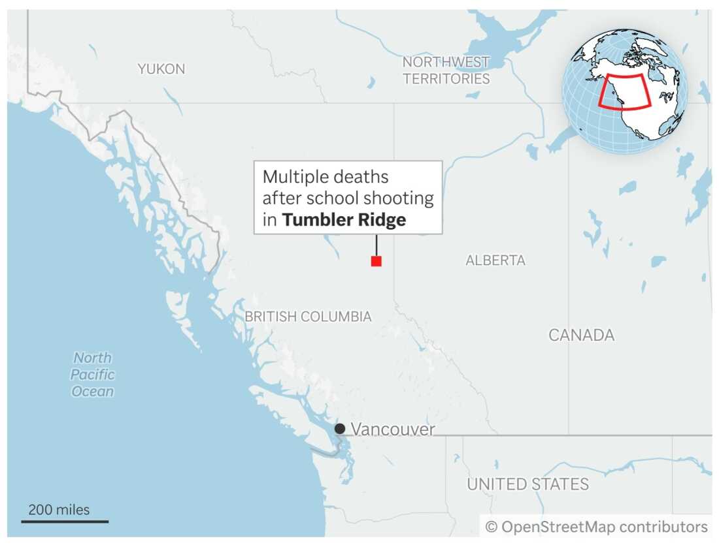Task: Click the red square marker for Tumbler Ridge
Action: (x=376, y=261)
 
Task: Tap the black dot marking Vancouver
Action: (x=340, y=429)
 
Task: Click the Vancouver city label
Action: (x=393, y=429)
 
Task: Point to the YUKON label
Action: (x=161, y=69)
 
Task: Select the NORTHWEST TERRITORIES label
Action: (x=446, y=70)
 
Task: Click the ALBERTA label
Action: (x=495, y=260)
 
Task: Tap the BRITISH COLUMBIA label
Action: (x=308, y=317)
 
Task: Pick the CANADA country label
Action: (x=581, y=336)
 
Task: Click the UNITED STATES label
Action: (x=527, y=484)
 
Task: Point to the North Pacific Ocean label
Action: (x=92, y=375)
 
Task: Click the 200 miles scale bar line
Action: (x=65, y=521)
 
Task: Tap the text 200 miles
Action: (x=59, y=510)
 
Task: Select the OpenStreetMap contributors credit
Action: (x=596, y=527)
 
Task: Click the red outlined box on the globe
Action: (x=625, y=91)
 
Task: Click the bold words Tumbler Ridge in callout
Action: (x=344, y=220)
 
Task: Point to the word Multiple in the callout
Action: (x=292, y=177)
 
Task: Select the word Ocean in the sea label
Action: (x=92, y=392)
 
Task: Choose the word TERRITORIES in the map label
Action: (x=446, y=79)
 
